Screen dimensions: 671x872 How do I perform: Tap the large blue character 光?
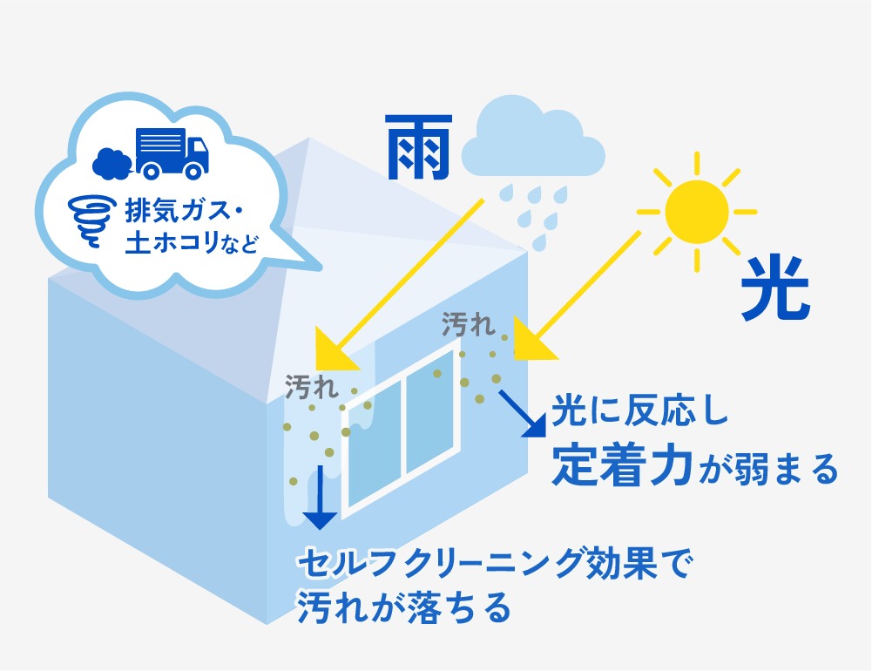[774, 289]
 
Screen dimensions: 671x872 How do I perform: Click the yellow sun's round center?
[696, 211]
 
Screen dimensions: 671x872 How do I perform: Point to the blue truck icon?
[172, 153]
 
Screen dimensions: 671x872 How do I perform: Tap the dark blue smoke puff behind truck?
[111, 161]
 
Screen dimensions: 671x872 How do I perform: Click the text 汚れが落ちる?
[402, 607]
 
